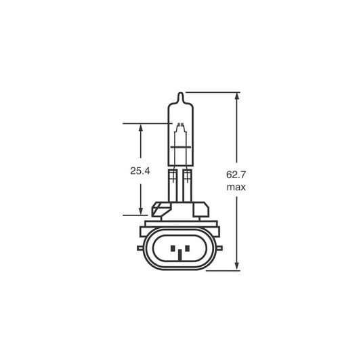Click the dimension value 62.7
click(x=235, y=174)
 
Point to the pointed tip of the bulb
click(x=179, y=95)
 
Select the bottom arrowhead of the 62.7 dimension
click(x=237, y=267)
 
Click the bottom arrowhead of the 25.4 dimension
click(x=141, y=211)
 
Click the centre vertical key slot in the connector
click(x=179, y=254)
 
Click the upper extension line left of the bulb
click(x=146, y=124)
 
